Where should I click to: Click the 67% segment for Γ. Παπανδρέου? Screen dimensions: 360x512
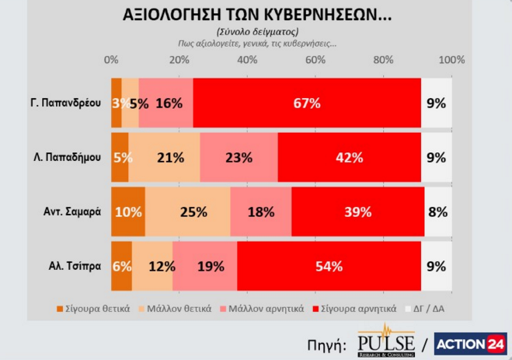click(307, 103)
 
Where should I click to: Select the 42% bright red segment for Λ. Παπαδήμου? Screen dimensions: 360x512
click(349, 157)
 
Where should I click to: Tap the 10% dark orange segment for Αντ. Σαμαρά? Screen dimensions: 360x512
click(128, 211)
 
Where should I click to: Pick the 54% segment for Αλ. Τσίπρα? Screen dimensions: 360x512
click(329, 266)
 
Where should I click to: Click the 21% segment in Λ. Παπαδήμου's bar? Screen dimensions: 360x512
click(164, 157)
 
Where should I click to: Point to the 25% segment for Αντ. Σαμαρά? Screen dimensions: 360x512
click(187, 211)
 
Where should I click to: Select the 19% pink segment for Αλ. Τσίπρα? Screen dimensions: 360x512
click(205, 266)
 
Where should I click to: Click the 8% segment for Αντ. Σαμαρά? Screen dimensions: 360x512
click(437, 211)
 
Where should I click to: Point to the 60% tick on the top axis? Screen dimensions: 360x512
click(315, 61)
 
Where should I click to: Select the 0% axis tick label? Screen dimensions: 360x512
click(112, 61)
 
